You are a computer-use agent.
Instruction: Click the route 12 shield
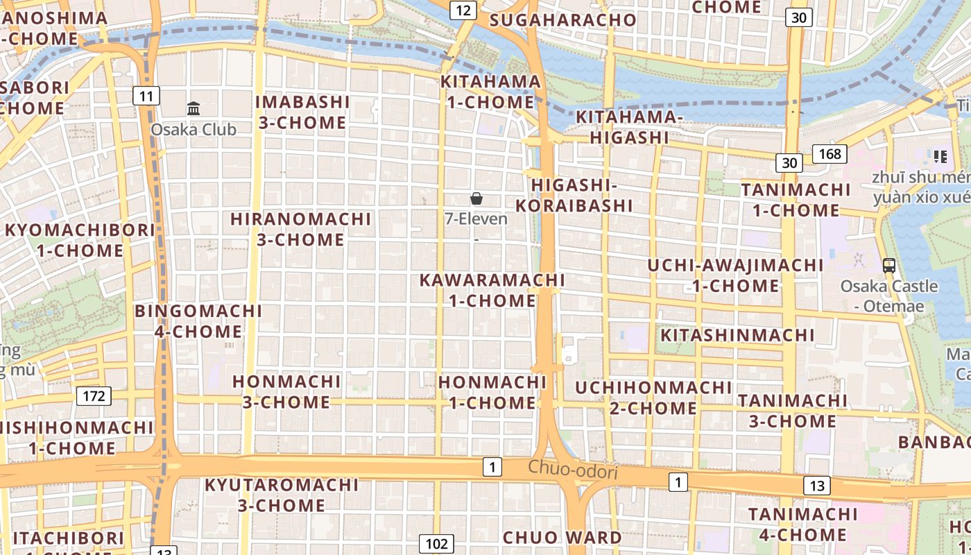point(463,10)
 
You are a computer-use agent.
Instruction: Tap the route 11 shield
point(146,96)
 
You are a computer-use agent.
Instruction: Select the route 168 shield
point(830,153)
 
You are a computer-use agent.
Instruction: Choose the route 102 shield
point(436,544)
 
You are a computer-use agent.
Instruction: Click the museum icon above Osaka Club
point(194,109)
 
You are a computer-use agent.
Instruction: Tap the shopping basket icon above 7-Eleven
point(476,199)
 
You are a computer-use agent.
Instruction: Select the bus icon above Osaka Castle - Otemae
point(888,265)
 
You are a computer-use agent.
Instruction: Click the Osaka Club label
point(194,130)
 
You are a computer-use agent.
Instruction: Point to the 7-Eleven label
point(476,219)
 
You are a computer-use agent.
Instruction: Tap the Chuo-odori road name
point(572,470)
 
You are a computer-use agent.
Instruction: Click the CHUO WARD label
point(562,538)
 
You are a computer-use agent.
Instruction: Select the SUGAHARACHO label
point(562,20)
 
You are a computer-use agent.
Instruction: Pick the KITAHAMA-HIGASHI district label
point(629,127)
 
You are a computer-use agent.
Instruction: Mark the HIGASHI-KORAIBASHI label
point(574,195)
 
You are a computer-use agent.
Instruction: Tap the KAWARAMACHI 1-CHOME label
point(492,290)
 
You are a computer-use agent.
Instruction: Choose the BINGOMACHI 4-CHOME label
point(198,321)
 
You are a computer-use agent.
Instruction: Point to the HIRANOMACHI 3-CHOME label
point(301,229)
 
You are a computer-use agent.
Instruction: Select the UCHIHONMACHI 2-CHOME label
point(653,398)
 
